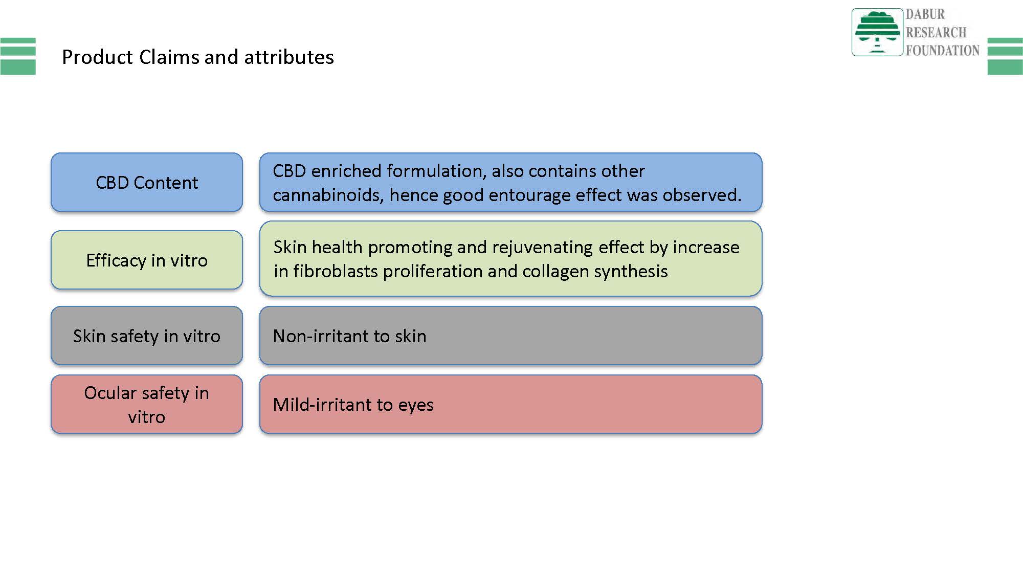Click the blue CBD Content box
tap(147, 182)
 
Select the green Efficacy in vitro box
tap(147, 260)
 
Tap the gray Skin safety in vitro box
tap(147, 336)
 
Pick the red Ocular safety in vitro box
tap(147, 404)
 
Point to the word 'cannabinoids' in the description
tap(328, 195)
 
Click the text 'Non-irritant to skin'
tap(349, 336)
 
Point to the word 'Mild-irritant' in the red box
tap(322, 405)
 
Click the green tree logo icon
tap(877, 32)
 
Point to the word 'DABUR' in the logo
tap(925, 14)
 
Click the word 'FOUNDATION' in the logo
tap(943, 50)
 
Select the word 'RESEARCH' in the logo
tap(936, 32)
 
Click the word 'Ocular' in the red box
tap(110, 393)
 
